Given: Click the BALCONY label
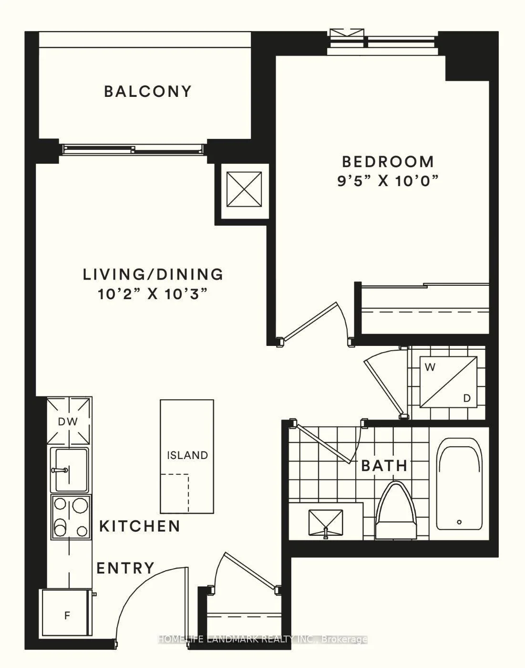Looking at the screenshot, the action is (x=148, y=92).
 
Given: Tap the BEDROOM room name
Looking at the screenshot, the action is (x=388, y=162).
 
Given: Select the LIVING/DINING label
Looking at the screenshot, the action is (x=153, y=274).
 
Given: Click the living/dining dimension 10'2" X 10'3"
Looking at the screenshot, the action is (x=153, y=293).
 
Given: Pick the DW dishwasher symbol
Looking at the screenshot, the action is (x=68, y=421).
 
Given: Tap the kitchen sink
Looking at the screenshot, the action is (x=70, y=470).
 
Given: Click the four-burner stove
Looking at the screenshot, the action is (x=71, y=517).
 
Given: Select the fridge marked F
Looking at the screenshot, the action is (x=67, y=615).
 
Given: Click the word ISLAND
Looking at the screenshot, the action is (x=187, y=455).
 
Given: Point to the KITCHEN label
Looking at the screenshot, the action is (x=140, y=525).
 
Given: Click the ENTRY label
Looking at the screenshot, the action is (x=125, y=568).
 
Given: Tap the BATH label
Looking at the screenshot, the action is (x=384, y=466).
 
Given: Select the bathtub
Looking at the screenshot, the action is (x=460, y=489).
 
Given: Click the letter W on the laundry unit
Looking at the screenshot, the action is (x=431, y=367).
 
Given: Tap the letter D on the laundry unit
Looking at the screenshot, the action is (x=467, y=398).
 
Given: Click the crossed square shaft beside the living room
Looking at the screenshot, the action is (x=244, y=189).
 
